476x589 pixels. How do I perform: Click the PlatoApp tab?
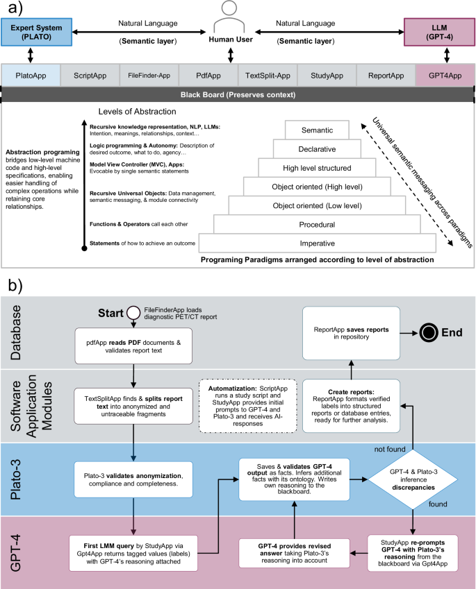tap(31, 74)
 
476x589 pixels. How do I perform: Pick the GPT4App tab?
tap(445, 74)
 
